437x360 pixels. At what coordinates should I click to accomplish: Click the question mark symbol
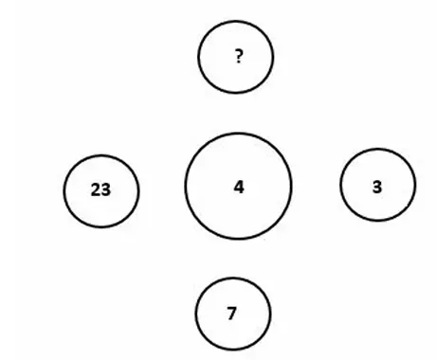click(239, 57)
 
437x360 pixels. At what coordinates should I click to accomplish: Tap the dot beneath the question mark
click(239, 62)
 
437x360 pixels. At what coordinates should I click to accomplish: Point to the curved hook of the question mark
click(240, 53)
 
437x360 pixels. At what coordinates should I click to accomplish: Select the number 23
click(100, 189)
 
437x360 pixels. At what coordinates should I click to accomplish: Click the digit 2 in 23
click(96, 189)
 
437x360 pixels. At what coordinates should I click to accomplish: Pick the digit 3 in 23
click(106, 189)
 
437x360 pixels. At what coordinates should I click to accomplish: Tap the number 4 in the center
click(239, 187)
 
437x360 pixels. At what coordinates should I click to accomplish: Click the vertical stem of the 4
click(241, 187)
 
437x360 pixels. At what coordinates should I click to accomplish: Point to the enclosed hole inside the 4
click(238, 187)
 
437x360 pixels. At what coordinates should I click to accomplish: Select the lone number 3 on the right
click(377, 187)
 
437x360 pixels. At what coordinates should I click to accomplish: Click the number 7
click(231, 314)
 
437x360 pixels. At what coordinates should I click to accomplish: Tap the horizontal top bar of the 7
click(231, 309)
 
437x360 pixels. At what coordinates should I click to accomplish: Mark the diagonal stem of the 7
click(232, 315)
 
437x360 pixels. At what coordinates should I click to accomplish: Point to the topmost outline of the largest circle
click(238, 134)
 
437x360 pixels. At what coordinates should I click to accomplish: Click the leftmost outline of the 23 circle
click(64, 191)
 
